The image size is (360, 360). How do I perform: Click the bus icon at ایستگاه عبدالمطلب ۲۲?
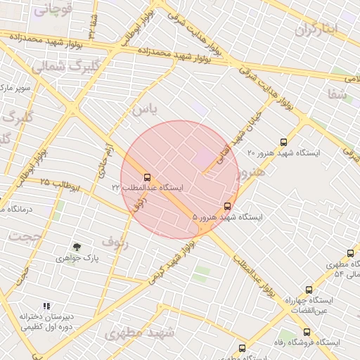[147, 178]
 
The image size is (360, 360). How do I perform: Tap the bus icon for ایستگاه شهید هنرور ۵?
[226, 207]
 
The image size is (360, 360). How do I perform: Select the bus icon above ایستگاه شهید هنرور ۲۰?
[283, 142]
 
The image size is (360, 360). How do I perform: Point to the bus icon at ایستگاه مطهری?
[350, 254]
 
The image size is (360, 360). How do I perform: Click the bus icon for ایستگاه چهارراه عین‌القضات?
[309, 290]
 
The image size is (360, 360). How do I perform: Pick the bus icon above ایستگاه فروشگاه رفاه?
[307, 332]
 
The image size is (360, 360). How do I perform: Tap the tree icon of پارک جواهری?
[77, 247]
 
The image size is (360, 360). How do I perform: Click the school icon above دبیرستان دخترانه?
[46, 306]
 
